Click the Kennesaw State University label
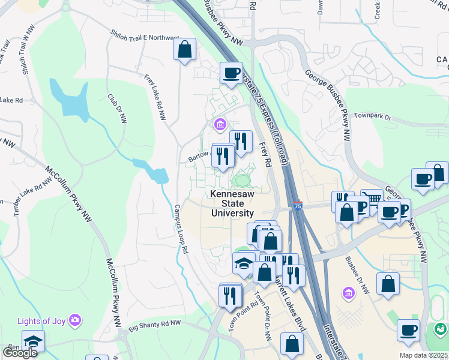tap(232, 203)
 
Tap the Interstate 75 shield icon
tap(298, 206)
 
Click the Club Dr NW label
tap(116, 109)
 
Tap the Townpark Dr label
tap(372, 116)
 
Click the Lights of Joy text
tap(42, 320)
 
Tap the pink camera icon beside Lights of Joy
tap(74, 320)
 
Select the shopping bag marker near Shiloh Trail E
tap(185, 49)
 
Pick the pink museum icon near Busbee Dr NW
tap(348, 293)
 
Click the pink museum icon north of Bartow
tap(220, 125)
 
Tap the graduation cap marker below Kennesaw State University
tap(244, 263)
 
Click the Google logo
tap(20, 353)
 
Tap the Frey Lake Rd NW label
tap(155, 97)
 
